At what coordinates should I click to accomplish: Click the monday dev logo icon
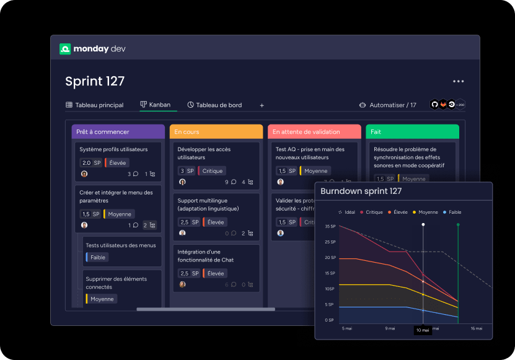click(x=65, y=49)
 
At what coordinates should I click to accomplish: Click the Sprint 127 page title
click(x=95, y=81)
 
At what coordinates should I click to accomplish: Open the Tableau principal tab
click(x=95, y=105)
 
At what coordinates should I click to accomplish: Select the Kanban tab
click(x=156, y=105)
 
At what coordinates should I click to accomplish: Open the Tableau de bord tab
click(x=214, y=105)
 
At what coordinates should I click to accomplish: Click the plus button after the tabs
click(x=262, y=105)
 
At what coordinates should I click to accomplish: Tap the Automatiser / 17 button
click(x=388, y=105)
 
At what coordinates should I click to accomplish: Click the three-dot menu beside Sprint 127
click(x=458, y=81)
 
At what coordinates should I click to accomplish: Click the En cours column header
click(x=216, y=131)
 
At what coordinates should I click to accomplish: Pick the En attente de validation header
click(x=314, y=131)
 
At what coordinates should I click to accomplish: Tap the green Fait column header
click(x=412, y=131)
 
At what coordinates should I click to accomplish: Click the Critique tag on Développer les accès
click(x=213, y=171)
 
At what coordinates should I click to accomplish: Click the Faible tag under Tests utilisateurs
click(x=98, y=257)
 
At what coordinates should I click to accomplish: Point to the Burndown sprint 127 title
click(x=361, y=191)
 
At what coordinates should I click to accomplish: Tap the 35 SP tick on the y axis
click(x=330, y=227)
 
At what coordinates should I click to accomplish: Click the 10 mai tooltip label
click(x=423, y=330)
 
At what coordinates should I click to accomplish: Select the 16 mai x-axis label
click(x=477, y=328)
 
